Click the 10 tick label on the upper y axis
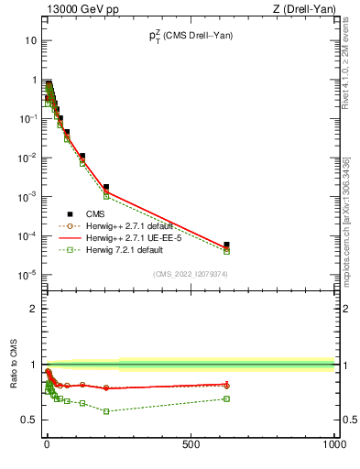click(31, 41)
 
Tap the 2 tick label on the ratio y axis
click(34, 309)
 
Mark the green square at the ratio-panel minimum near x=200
click(106, 411)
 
